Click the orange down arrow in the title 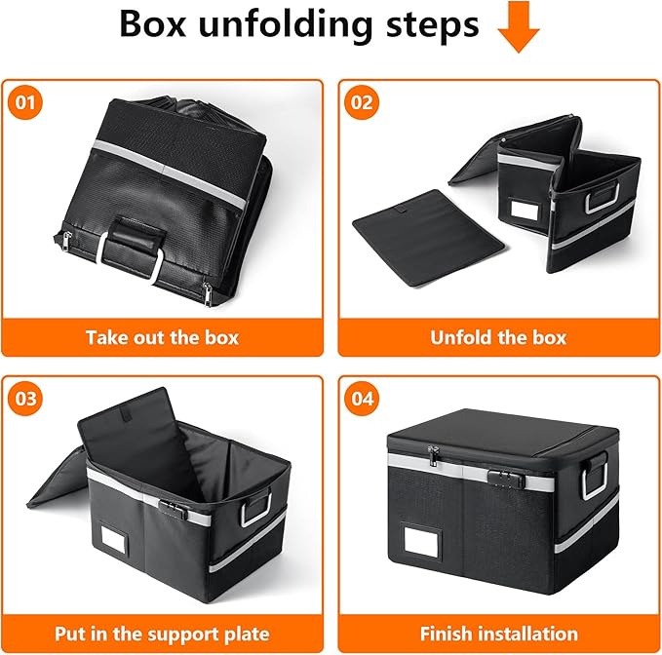[519, 28]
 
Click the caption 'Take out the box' [162, 338]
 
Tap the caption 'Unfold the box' [497, 338]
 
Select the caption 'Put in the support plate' [162, 634]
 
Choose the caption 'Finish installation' [497, 634]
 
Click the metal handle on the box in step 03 [257, 508]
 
